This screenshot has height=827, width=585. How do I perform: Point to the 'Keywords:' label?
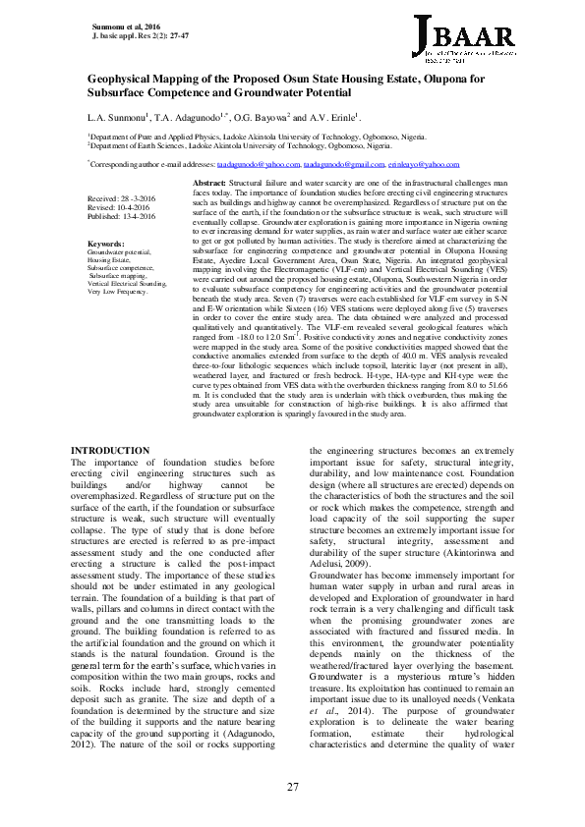point(106,243)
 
